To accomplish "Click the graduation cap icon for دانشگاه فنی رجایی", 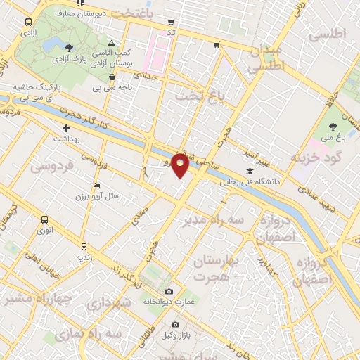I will coord(250,171).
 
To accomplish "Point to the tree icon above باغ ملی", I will coord(333,127).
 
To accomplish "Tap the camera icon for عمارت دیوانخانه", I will coord(169,291).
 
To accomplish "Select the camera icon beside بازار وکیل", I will coord(175,324).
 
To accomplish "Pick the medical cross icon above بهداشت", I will coord(67,129).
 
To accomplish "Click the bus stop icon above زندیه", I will coord(84,246).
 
